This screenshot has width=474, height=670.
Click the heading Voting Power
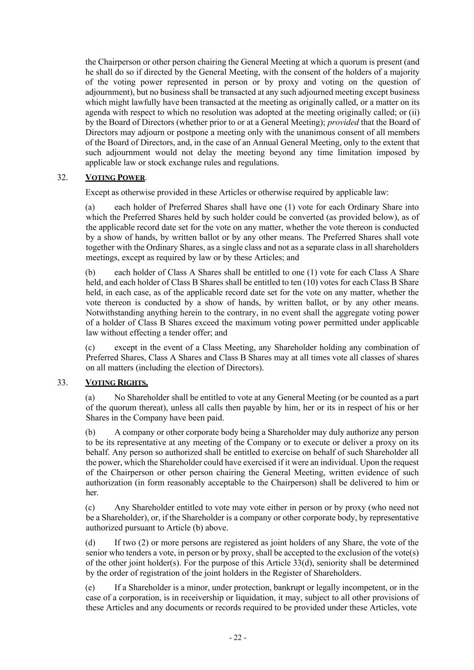click(115, 178)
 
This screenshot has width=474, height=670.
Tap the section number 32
click(62, 178)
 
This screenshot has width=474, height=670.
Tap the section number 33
click(62, 382)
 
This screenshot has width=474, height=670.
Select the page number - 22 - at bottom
click(237, 638)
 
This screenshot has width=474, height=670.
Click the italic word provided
click(343, 122)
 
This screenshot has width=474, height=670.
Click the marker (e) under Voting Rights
click(90, 588)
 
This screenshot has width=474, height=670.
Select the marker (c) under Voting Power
click(90, 348)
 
